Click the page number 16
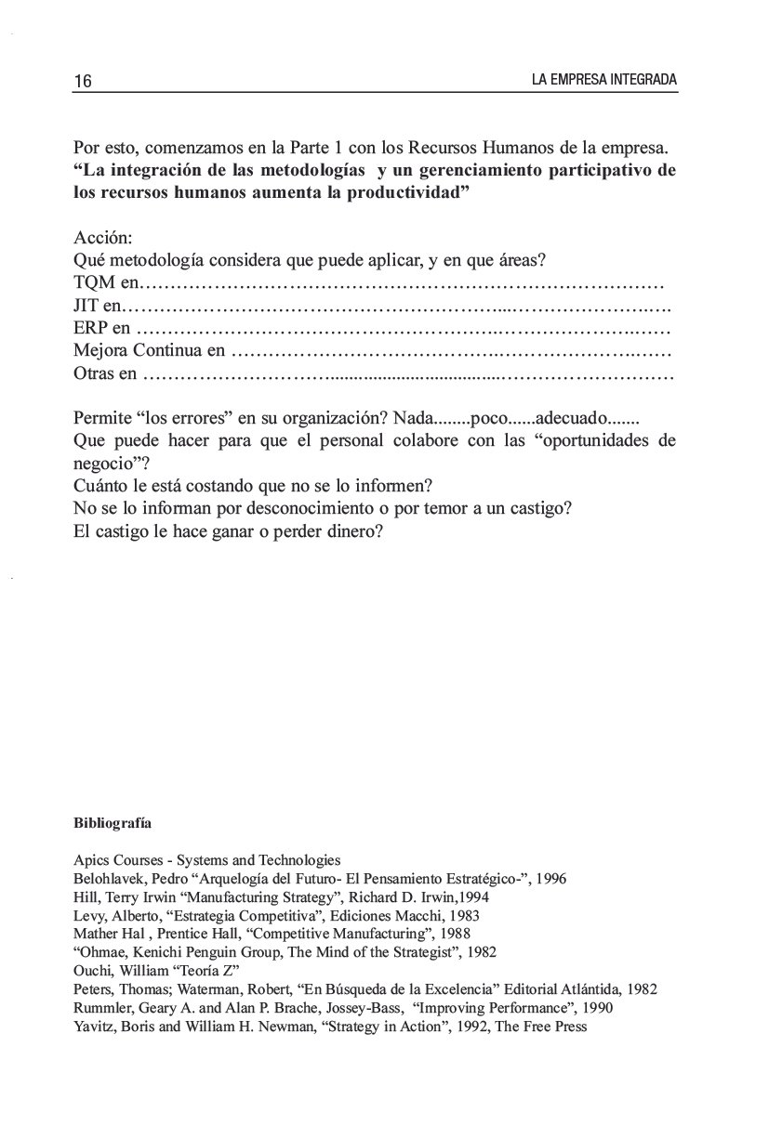[x=82, y=81]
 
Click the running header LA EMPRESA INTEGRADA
[x=603, y=81]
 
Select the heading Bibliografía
[x=113, y=823]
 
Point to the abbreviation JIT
[x=85, y=304]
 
